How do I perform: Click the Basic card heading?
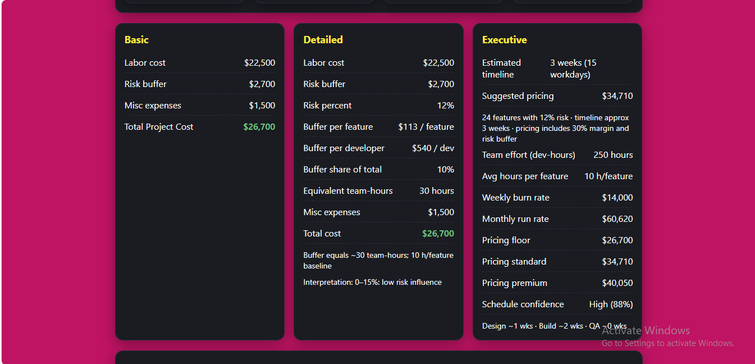136,40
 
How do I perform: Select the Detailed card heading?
323,40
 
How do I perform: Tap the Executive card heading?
504,40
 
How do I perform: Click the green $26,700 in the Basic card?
259,127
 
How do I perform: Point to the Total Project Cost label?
159,127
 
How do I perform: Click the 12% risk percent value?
445,106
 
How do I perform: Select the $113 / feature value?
426,127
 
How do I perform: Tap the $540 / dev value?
433,148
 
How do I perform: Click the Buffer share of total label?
342,170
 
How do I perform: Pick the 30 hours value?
436,191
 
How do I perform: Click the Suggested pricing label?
518,96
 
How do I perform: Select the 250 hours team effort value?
613,155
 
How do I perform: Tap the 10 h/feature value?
608,176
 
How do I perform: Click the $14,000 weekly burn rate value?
617,198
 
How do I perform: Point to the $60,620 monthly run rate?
617,219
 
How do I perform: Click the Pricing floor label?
506,240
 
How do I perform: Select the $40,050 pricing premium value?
617,283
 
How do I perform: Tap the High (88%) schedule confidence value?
611,304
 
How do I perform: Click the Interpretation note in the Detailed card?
372,283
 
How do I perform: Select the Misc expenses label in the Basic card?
153,106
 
